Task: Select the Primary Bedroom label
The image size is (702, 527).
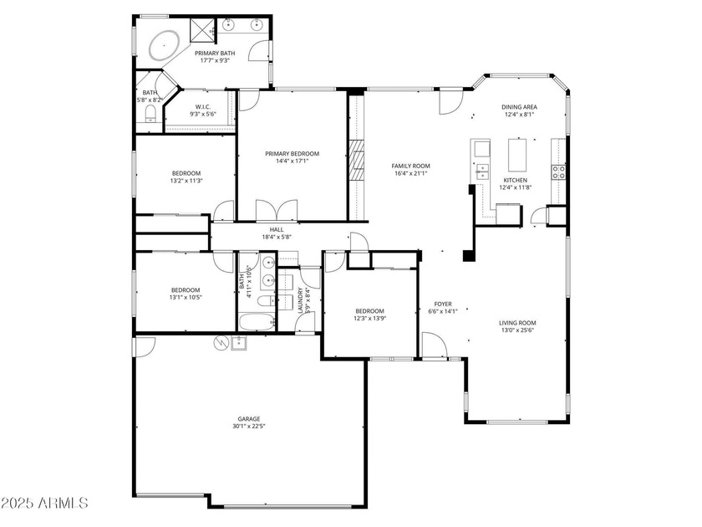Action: point(292,154)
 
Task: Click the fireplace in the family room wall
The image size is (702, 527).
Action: point(358,159)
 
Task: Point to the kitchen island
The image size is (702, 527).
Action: point(518,155)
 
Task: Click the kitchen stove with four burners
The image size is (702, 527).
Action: point(558,172)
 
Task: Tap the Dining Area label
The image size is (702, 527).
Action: point(519,107)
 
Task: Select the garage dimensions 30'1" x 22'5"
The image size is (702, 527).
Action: point(249,426)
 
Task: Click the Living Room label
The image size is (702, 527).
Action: point(517,323)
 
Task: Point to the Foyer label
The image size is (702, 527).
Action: point(443,304)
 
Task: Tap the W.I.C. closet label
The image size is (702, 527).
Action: point(203,107)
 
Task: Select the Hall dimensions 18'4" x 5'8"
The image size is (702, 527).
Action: point(277,237)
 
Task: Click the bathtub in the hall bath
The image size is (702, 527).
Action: point(257,322)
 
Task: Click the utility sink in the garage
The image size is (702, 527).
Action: point(238,343)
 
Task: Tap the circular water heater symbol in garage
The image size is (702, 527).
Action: point(221,343)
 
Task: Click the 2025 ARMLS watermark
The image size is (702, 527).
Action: point(43,503)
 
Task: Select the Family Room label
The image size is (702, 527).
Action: point(410,166)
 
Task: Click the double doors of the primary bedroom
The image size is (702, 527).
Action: point(277,211)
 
